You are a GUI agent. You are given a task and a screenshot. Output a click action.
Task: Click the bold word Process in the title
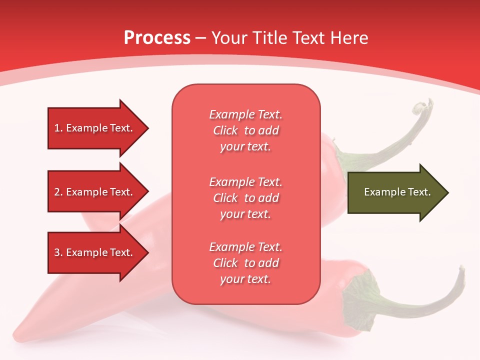(x=157, y=38)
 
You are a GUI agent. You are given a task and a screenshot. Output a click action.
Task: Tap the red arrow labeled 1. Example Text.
(x=95, y=128)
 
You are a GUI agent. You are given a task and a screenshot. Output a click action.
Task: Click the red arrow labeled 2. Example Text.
(x=95, y=192)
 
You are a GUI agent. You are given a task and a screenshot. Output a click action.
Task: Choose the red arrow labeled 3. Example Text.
(x=95, y=252)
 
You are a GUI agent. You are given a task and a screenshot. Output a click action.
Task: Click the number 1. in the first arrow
(x=58, y=128)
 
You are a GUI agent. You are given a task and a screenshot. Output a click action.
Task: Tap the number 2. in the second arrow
(x=58, y=192)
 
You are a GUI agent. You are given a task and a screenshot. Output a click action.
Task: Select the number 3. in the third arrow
(x=58, y=252)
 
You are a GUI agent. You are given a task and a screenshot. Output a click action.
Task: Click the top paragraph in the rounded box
(x=245, y=130)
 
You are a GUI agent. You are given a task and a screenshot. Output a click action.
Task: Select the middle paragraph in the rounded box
(x=245, y=198)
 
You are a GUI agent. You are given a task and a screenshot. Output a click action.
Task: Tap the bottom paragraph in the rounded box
(x=245, y=263)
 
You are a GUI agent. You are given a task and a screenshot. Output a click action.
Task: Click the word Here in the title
(x=350, y=38)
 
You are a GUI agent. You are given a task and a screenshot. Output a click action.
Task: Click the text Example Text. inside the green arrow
(x=397, y=192)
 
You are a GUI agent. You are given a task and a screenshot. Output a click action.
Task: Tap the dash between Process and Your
(x=201, y=38)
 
